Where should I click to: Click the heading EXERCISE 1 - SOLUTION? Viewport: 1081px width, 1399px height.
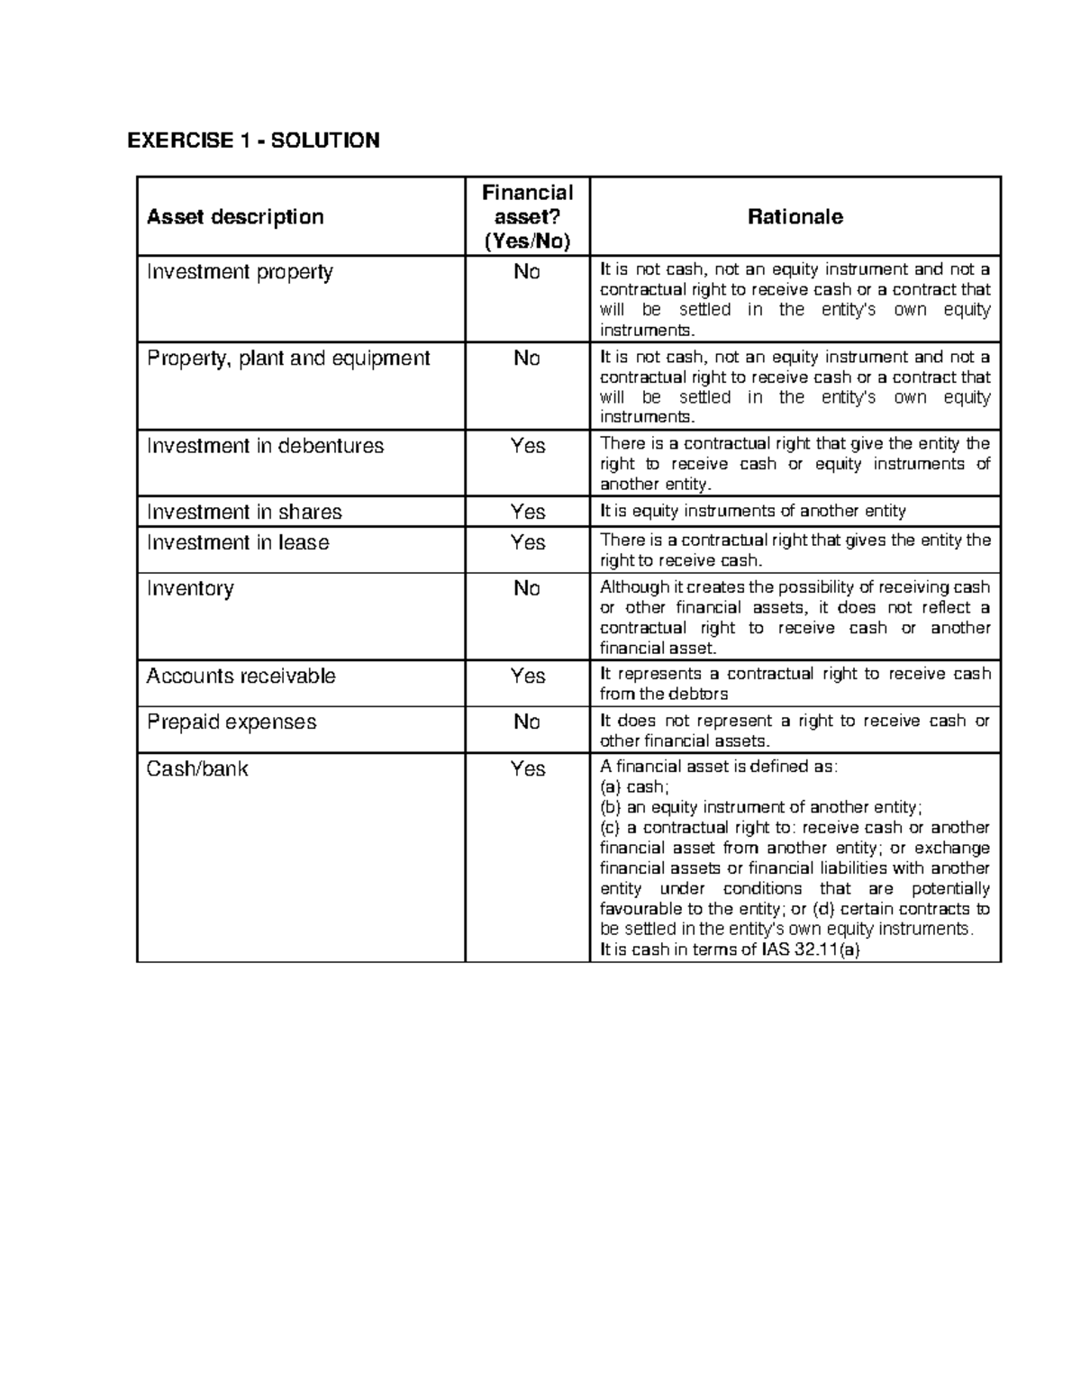(x=253, y=141)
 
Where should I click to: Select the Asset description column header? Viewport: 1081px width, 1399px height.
(x=235, y=217)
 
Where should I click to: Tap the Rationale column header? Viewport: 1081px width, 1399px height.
(x=795, y=217)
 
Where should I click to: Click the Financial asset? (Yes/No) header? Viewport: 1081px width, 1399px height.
(x=527, y=217)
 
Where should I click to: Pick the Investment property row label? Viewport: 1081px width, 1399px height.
(x=240, y=272)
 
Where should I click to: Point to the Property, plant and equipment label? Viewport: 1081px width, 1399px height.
(x=288, y=359)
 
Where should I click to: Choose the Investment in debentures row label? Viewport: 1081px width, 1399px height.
(x=265, y=447)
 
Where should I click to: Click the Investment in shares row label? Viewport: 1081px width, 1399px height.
(x=244, y=513)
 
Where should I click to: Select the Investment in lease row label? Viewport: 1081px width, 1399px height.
(x=238, y=543)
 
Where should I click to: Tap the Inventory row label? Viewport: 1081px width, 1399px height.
(x=190, y=589)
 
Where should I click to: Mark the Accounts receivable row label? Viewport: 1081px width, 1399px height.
(x=241, y=677)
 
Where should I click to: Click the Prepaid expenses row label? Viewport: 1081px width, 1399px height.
(x=232, y=722)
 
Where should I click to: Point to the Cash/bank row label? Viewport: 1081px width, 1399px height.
(x=197, y=769)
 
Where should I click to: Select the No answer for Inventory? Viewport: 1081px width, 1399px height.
(x=527, y=589)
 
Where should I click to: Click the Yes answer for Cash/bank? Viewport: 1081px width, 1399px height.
(x=528, y=769)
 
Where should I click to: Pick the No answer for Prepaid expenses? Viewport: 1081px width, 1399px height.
(x=527, y=722)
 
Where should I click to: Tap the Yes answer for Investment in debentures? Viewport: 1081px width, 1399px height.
(x=528, y=447)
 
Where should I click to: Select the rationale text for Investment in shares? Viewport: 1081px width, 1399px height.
(x=753, y=512)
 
